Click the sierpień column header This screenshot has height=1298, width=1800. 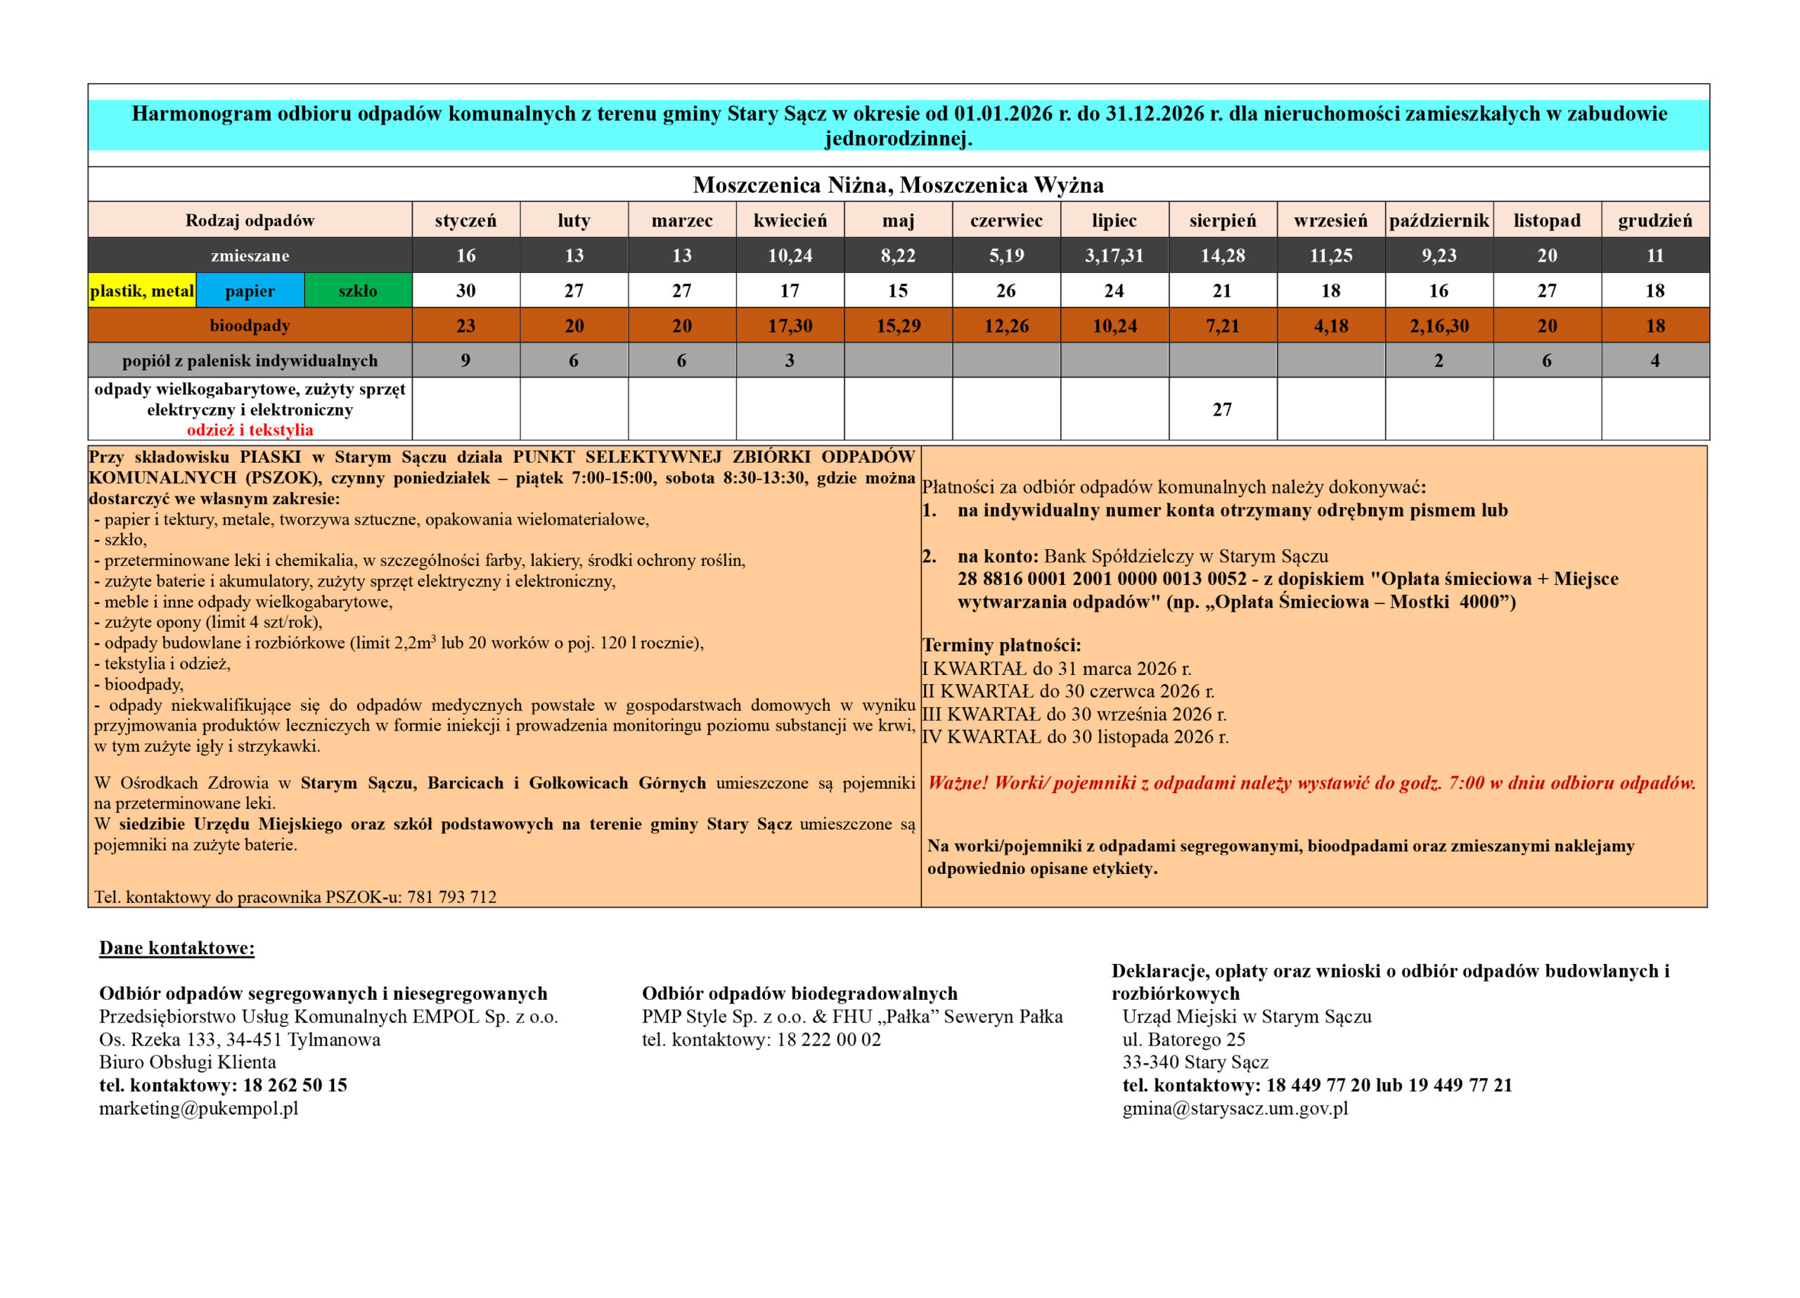coord(1222,221)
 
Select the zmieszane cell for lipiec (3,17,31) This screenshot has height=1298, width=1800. coord(1114,256)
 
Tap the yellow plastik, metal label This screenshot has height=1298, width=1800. coord(142,290)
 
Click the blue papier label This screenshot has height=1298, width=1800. coord(250,290)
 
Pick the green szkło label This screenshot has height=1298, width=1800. coord(358,290)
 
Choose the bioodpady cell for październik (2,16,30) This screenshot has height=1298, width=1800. coord(1439,326)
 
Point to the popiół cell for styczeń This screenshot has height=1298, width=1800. coord(466,361)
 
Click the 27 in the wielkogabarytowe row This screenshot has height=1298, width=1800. coord(1222,410)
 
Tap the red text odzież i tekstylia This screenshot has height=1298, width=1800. coord(250,430)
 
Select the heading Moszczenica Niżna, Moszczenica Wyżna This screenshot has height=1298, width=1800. coord(899,185)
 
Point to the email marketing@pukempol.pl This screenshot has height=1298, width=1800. coord(198,1108)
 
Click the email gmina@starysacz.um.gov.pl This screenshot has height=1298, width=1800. coord(1235,1108)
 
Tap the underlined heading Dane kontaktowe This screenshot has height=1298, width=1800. coord(177,948)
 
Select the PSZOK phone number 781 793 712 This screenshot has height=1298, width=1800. coord(451,897)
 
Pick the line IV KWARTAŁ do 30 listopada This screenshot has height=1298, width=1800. coord(1075,737)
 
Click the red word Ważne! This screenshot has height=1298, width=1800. coord(958,783)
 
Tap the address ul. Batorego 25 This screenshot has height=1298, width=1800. coord(1183,1039)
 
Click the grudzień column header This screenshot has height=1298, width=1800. coord(1654,221)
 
